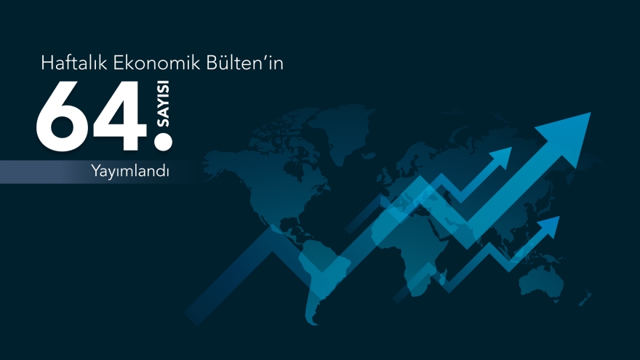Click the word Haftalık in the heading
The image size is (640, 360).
pyautogui.click(x=73, y=65)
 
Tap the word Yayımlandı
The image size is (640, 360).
pyautogui.click(x=130, y=172)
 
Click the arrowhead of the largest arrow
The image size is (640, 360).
pyautogui.click(x=570, y=127)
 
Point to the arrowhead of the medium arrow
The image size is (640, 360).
pyautogui.click(x=501, y=156)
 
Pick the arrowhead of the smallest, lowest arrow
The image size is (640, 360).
pyautogui.click(x=551, y=223)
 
